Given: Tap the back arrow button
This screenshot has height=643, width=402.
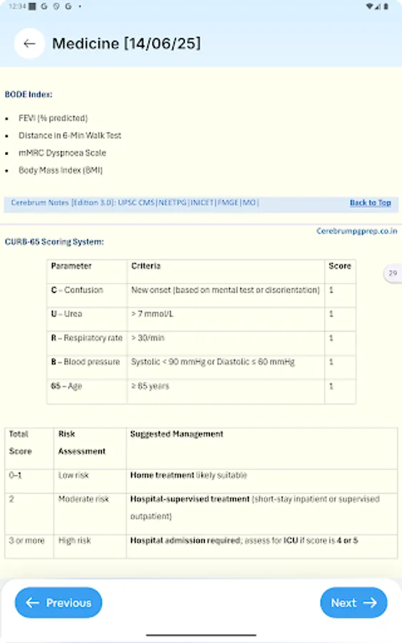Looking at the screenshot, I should coord(29,44).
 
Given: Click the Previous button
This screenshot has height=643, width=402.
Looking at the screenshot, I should coord(59,603).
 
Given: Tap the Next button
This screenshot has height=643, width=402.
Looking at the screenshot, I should coord(353,603).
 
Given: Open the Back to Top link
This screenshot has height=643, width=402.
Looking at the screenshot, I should coord(370,203).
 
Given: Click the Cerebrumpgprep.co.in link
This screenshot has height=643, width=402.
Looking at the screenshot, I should coord(357,231).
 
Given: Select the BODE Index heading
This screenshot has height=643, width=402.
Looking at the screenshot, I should coord(29,94).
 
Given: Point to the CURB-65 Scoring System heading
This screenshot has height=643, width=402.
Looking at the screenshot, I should coord(54,242).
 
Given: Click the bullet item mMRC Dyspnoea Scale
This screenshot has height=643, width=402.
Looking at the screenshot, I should coord(62,153).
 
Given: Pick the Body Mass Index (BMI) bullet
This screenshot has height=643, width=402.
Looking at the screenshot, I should coord(61,171).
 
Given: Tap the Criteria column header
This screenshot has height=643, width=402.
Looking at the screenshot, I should coord(146,266).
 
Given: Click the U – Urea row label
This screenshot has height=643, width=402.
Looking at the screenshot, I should coord(66,314).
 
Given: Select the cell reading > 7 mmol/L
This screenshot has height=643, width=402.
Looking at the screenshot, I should coord(149,314).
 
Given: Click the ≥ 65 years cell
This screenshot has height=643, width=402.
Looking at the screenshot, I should coord(150,387).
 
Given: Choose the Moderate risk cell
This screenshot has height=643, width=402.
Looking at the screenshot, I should coord(84,499).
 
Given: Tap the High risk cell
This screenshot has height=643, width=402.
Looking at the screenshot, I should coord(76,541).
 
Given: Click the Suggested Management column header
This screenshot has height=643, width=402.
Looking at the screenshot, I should coord(176,434).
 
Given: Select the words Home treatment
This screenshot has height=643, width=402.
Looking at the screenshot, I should coord(162,475).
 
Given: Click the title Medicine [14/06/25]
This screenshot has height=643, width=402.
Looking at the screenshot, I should coord(126,44).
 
